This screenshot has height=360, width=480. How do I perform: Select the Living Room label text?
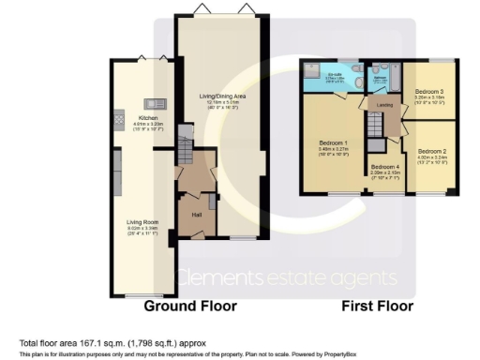tap(140, 222)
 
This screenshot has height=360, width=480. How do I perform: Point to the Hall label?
tap(197, 215)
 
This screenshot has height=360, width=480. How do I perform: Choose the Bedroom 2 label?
tap(431, 150)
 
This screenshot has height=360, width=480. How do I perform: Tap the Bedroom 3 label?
tap(429, 90)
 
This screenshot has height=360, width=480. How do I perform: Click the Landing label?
tap(384, 106)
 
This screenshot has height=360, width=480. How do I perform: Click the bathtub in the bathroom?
tap(387, 72)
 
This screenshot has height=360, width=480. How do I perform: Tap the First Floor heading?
tap(379, 306)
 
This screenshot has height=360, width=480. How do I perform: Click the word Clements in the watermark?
tap(214, 278)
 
